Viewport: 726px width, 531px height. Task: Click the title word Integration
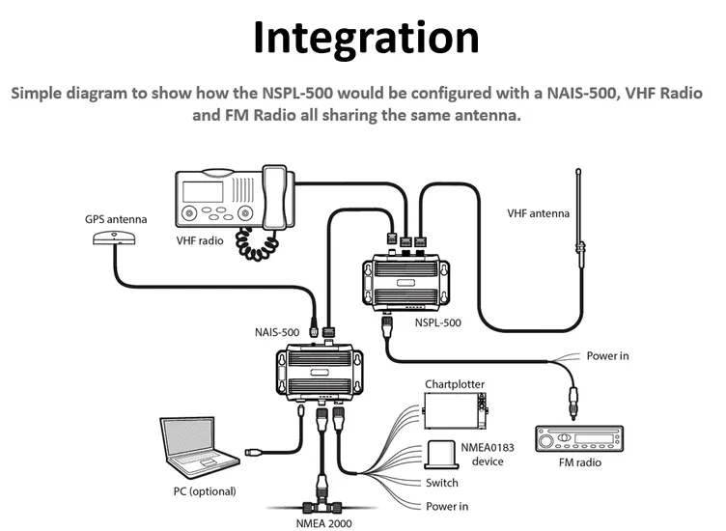366,38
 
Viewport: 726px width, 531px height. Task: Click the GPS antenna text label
116,219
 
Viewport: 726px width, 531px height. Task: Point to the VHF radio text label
199,240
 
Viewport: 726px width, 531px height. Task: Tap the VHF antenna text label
539,213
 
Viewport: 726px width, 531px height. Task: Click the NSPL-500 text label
439,323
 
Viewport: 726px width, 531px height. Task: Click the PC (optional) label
197,491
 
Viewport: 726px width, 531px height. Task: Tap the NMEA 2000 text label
323,523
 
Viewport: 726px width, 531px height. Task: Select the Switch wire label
441,483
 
